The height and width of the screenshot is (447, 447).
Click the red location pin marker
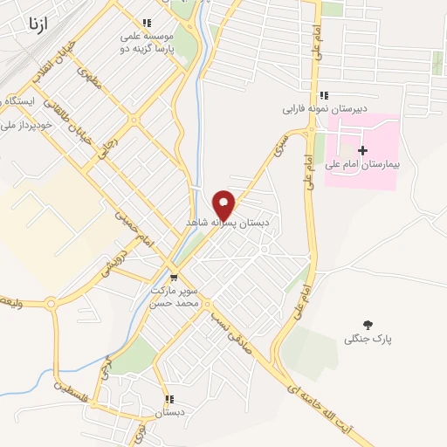[x=224, y=203]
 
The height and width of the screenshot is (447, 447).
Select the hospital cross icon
[x=363, y=151]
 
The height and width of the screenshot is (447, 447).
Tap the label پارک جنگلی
[x=368, y=338]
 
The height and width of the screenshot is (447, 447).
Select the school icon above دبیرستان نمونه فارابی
[x=324, y=96]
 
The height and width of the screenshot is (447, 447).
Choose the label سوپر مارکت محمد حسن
[x=175, y=296]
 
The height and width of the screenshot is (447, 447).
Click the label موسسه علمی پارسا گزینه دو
[x=148, y=45]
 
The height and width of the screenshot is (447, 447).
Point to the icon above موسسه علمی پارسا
[x=146, y=23]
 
